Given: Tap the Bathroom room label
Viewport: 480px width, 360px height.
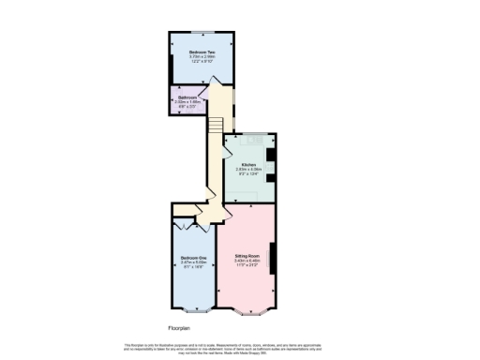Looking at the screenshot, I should coord(187,97).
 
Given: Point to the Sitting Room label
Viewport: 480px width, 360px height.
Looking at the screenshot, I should coord(247,254).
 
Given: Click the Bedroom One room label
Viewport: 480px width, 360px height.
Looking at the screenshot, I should coord(193,258).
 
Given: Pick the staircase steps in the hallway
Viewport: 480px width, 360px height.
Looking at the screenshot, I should coord(215,124).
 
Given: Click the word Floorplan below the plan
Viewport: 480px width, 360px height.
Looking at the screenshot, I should coord(179,328).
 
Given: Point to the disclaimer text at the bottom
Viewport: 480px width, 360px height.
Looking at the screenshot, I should coord(240,347).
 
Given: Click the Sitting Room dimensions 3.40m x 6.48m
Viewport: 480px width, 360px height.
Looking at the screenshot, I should coord(247,260).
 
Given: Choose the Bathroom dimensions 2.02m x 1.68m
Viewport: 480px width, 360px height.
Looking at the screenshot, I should coord(187,102).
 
